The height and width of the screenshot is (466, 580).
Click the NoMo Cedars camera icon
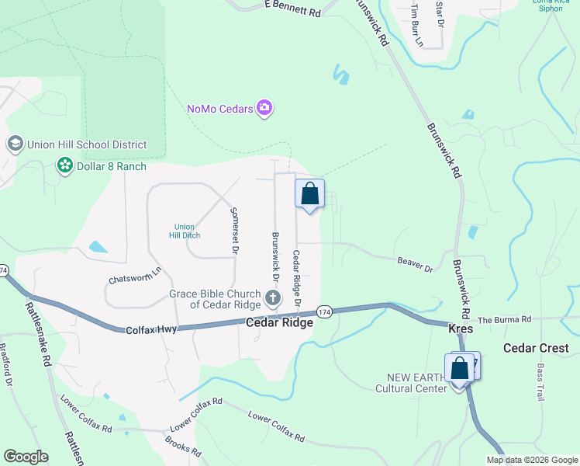click(x=264, y=108)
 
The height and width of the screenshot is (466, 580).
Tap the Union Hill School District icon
click(x=15, y=144)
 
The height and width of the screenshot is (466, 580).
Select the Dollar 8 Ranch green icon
click(x=65, y=165)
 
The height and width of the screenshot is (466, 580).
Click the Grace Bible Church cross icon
click(x=272, y=297)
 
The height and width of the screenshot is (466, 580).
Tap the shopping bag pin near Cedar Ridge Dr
click(x=309, y=193)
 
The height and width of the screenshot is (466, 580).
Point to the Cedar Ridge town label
click(x=280, y=322)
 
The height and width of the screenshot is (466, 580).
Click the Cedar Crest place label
click(x=536, y=348)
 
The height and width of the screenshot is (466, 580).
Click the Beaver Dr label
click(x=415, y=264)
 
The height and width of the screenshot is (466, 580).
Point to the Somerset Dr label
click(x=233, y=230)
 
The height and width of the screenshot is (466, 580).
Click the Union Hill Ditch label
click(x=184, y=231)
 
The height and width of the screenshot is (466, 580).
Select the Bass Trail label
click(x=540, y=383)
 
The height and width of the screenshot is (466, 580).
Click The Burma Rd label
click(x=504, y=319)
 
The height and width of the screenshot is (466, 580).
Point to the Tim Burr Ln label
click(x=417, y=25)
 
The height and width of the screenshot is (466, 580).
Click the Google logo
click(x=26, y=457)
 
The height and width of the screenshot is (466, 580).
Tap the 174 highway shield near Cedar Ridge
click(x=324, y=311)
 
